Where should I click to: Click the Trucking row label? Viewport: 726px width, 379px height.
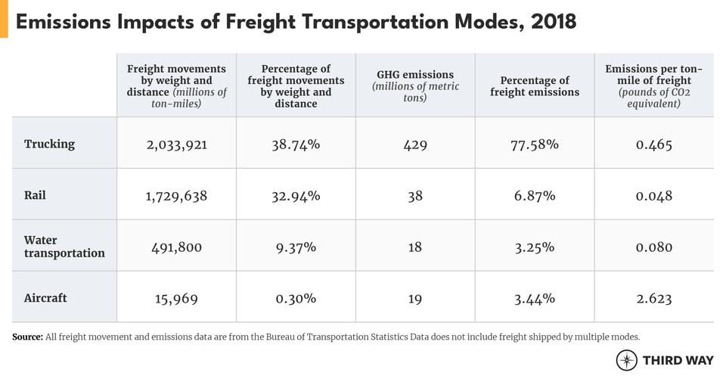point(49,144)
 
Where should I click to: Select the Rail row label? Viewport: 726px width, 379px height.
point(35,195)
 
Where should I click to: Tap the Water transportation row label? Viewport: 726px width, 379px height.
point(64,247)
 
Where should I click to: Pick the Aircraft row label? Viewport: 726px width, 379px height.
point(45,298)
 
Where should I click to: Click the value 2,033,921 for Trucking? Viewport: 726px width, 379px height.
point(176,144)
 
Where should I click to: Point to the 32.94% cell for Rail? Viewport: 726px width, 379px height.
point(296,195)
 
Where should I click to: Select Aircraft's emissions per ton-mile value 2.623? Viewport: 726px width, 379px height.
point(653,298)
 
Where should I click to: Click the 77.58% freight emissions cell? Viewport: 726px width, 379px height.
point(535,144)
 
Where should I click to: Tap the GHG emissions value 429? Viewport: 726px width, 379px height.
point(415,144)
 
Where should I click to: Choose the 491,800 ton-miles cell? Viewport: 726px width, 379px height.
point(176,247)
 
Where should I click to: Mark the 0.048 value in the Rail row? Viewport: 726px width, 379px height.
point(653,195)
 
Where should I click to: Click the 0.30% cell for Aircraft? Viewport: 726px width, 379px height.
point(296,298)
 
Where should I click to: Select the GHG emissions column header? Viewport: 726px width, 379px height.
point(415,86)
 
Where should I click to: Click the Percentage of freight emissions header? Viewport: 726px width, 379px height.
point(535,86)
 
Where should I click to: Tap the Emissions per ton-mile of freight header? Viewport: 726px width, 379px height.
point(653,86)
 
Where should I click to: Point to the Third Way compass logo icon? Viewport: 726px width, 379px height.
point(627,360)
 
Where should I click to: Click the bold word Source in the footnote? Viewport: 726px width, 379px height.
point(27,337)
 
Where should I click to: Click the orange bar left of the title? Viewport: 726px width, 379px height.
point(4,19)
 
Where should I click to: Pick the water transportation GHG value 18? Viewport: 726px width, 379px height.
point(415,247)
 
